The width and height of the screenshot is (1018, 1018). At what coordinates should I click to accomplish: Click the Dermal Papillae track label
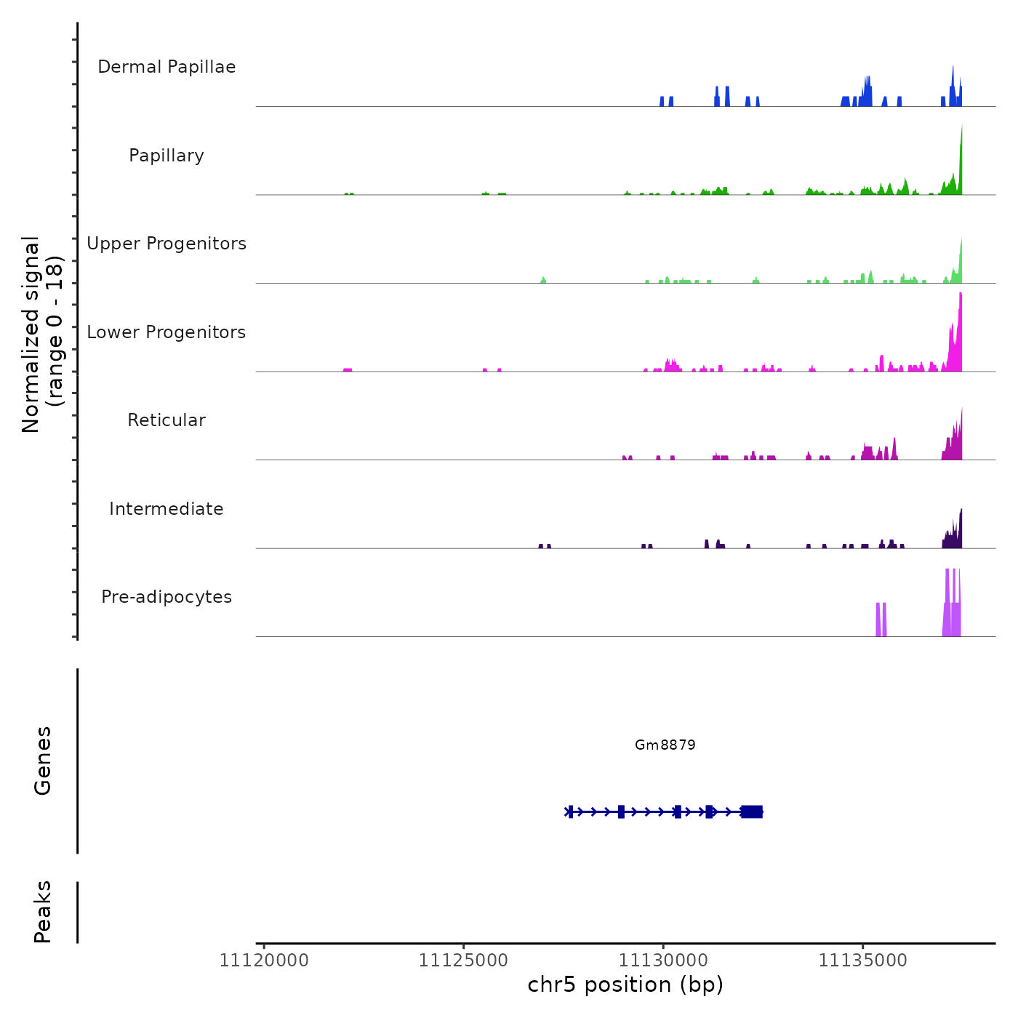(x=167, y=67)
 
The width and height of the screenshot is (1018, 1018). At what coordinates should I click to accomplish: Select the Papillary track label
(x=167, y=156)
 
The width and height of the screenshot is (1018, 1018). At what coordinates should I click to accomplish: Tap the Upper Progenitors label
(x=167, y=244)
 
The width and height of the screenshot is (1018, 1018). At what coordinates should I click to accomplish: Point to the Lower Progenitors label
(x=167, y=332)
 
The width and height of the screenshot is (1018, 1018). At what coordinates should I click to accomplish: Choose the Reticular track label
(x=167, y=420)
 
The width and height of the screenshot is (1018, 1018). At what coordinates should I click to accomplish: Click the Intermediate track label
(x=167, y=509)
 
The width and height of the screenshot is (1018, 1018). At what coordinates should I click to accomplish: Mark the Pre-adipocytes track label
(x=167, y=597)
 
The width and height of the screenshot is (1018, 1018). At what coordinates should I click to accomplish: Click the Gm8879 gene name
(x=665, y=745)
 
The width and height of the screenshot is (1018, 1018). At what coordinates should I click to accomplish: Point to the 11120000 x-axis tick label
(x=264, y=961)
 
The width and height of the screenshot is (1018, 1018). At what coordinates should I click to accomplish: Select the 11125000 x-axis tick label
(x=463, y=961)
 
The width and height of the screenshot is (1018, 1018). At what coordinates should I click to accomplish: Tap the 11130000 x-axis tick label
(x=663, y=961)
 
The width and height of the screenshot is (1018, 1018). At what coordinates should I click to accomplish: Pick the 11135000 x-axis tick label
(x=862, y=961)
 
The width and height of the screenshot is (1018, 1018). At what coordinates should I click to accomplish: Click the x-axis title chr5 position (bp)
(x=625, y=985)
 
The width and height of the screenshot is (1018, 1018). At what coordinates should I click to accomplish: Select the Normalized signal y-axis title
(x=42, y=334)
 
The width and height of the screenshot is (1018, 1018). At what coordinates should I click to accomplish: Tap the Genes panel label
(x=43, y=761)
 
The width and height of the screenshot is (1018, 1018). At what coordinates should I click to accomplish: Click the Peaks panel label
(x=43, y=912)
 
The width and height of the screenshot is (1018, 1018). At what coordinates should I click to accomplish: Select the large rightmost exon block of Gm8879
(x=752, y=811)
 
